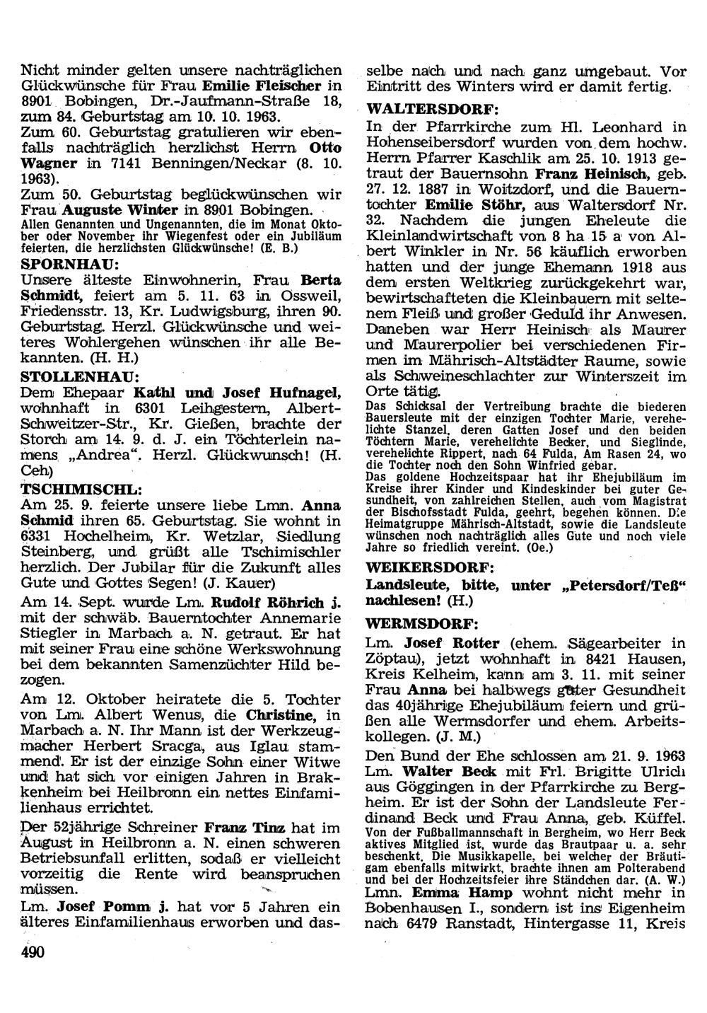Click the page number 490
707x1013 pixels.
click(33, 952)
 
